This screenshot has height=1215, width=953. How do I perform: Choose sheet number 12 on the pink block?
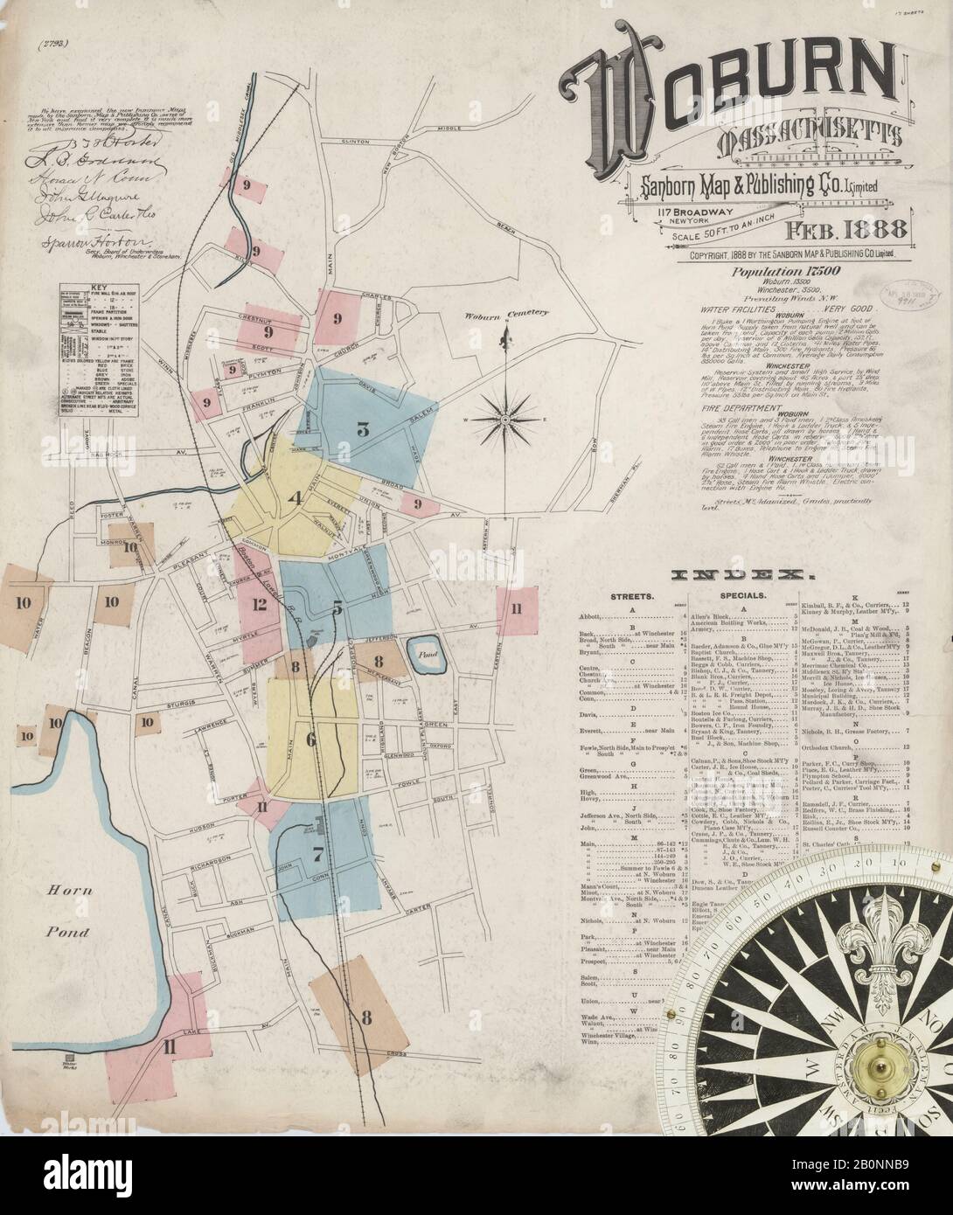[x=259, y=604]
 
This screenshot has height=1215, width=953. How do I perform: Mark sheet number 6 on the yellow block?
[x=310, y=739]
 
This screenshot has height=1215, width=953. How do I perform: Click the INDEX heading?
[x=741, y=574]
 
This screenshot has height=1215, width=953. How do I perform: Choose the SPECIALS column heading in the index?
[x=741, y=595]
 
